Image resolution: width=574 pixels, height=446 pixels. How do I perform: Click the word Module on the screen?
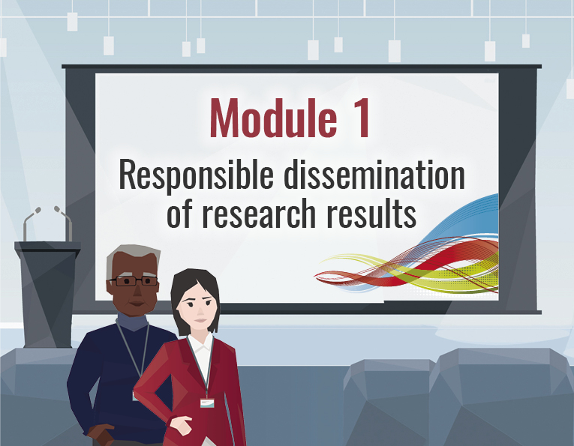pyautogui.click(x=273, y=118)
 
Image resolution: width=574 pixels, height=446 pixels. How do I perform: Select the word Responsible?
pyautogui.click(x=197, y=176)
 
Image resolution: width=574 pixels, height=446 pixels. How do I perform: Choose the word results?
pyautogui.click(x=371, y=214)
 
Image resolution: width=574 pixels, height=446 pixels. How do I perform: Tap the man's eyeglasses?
pyautogui.click(x=134, y=281)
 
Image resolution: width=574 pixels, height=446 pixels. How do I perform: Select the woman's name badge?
pyautogui.click(x=207, y=403)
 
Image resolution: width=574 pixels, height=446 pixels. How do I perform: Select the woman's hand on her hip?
pyautogui.click(x=180, y=424)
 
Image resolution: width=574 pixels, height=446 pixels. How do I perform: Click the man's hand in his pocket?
pyautogui.click(x=101, y=433)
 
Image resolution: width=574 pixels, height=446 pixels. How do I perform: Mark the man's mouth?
pyautogui.click(x=137, y=304)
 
